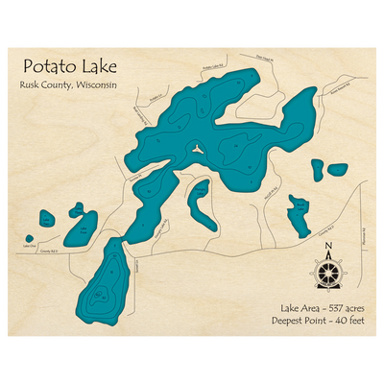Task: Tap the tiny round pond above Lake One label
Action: (30, 238)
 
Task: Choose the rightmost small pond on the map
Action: (337, 169)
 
